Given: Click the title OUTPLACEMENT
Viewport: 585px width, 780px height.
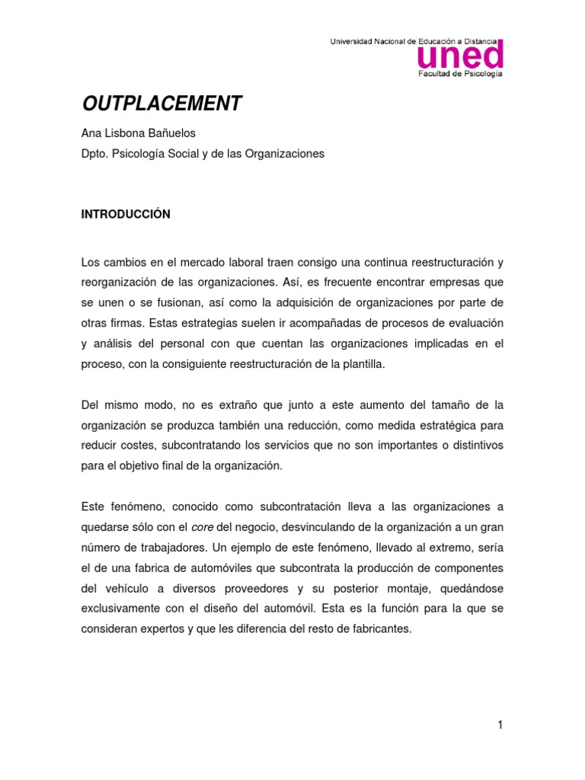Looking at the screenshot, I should pyautogui.click(x=161, y=104).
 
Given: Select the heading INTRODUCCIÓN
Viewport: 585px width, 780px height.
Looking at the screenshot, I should pyautogui.click(x=126, y=215).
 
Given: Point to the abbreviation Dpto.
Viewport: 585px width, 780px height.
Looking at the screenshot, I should pyautogui.click(x=95, y=154).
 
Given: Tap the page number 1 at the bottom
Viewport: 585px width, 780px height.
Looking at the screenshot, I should pyautogui.click(x=500, y=725).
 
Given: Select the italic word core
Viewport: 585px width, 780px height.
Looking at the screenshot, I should pyautogui.click(x=202, y=527).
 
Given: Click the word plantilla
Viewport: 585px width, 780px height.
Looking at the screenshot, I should pyautogui.click(x=363, y=363).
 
